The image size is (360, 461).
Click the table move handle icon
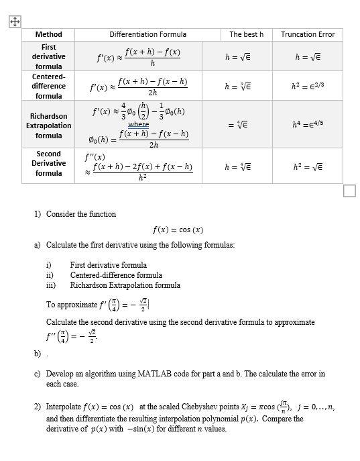pyautogui.click(x=14, y=21)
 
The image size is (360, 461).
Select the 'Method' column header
pyautogui.click(x=48, y=34)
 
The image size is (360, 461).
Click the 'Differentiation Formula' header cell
pyautogui.click(x=147, y=34)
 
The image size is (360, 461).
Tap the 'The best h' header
pyautogui.click(x=246, y=34)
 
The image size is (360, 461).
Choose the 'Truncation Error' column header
pyautogui.click(x=308, y=34)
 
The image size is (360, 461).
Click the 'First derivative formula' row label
pyautogui.click(x=49, y=57)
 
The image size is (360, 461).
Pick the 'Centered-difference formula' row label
pyautogui.click(x=49, y=86)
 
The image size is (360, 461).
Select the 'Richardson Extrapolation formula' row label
pyautogui.click(x=49, y=125)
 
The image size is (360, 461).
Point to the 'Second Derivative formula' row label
pyautogui.click(x=49, y=164)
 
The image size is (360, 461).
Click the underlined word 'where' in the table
pyautogui.click(x=138, y=124)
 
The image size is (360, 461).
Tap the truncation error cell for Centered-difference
pyautogui.click(x=308, y=86)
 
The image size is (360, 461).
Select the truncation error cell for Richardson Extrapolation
pyautogui.click(x=308, y=125)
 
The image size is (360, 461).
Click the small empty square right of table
pyautogui.click(x=349, y=192)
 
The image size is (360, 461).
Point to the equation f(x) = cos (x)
pyautogui.click(x=178, y=229)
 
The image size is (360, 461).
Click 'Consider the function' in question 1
pyautogui.click(x=80, y=214)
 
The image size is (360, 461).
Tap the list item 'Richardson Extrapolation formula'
pyautogui.click(x=125, y=285)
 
